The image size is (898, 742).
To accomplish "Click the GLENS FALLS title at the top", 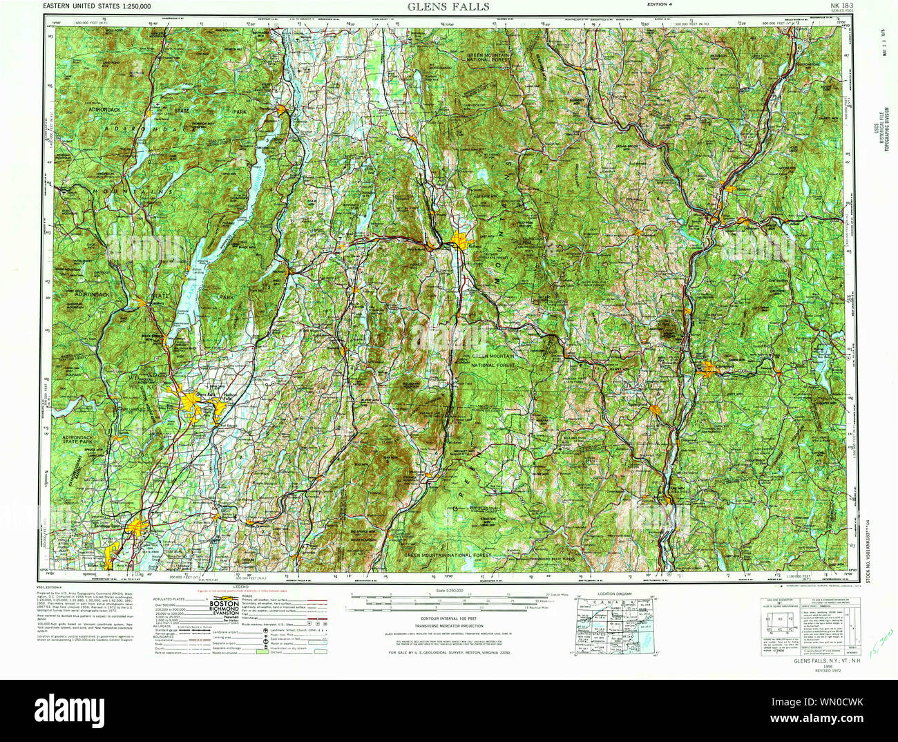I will (448, 7).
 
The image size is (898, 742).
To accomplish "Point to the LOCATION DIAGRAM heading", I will (615, 593).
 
